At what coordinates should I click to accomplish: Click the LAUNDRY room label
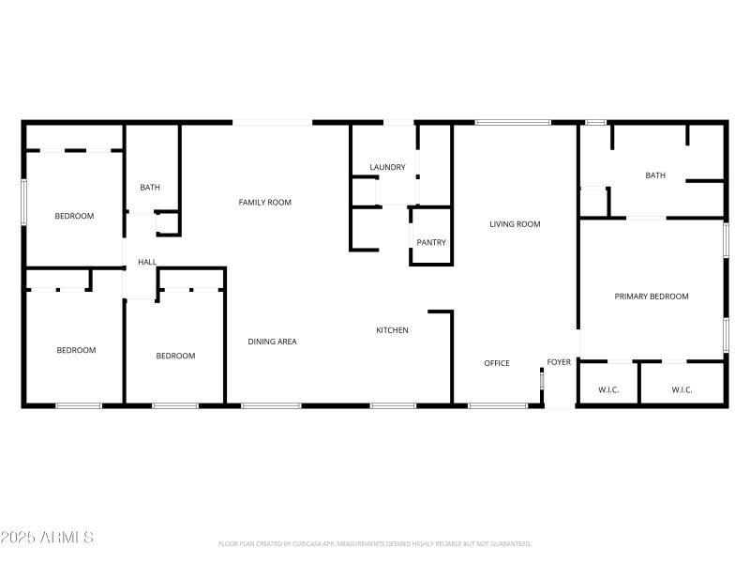[x=387, y=168]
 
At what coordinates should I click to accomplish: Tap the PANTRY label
[x=431, y=243]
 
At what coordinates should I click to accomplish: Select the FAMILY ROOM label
[x=264, y=203]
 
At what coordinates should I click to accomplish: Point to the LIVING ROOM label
[x=515, y=224]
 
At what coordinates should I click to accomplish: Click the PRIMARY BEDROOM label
[x=652, y=297]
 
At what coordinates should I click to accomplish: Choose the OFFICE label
[x=497, y=363]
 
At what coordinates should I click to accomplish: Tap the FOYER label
[x=559, y=362]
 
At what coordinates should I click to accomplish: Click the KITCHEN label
[x=392, y=330]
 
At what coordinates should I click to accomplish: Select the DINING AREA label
[x=272, y=342]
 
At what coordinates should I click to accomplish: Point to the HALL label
[x=147, y=263]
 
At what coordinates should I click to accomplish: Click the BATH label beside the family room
[x=150, y=188]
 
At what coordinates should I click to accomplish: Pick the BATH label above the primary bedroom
[x=655, y=175]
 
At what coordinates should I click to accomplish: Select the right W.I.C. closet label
[x=682, y=390]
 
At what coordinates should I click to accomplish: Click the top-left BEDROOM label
[x=74, y=217]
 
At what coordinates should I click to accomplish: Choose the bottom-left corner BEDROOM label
[x=76, y=351]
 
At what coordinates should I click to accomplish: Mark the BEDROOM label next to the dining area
[x=175, y=356]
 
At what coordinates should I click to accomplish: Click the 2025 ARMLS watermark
[x=47, y=538]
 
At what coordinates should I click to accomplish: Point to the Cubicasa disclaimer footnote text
[x=374, y=544]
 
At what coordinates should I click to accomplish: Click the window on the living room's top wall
[x=513, y=123]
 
